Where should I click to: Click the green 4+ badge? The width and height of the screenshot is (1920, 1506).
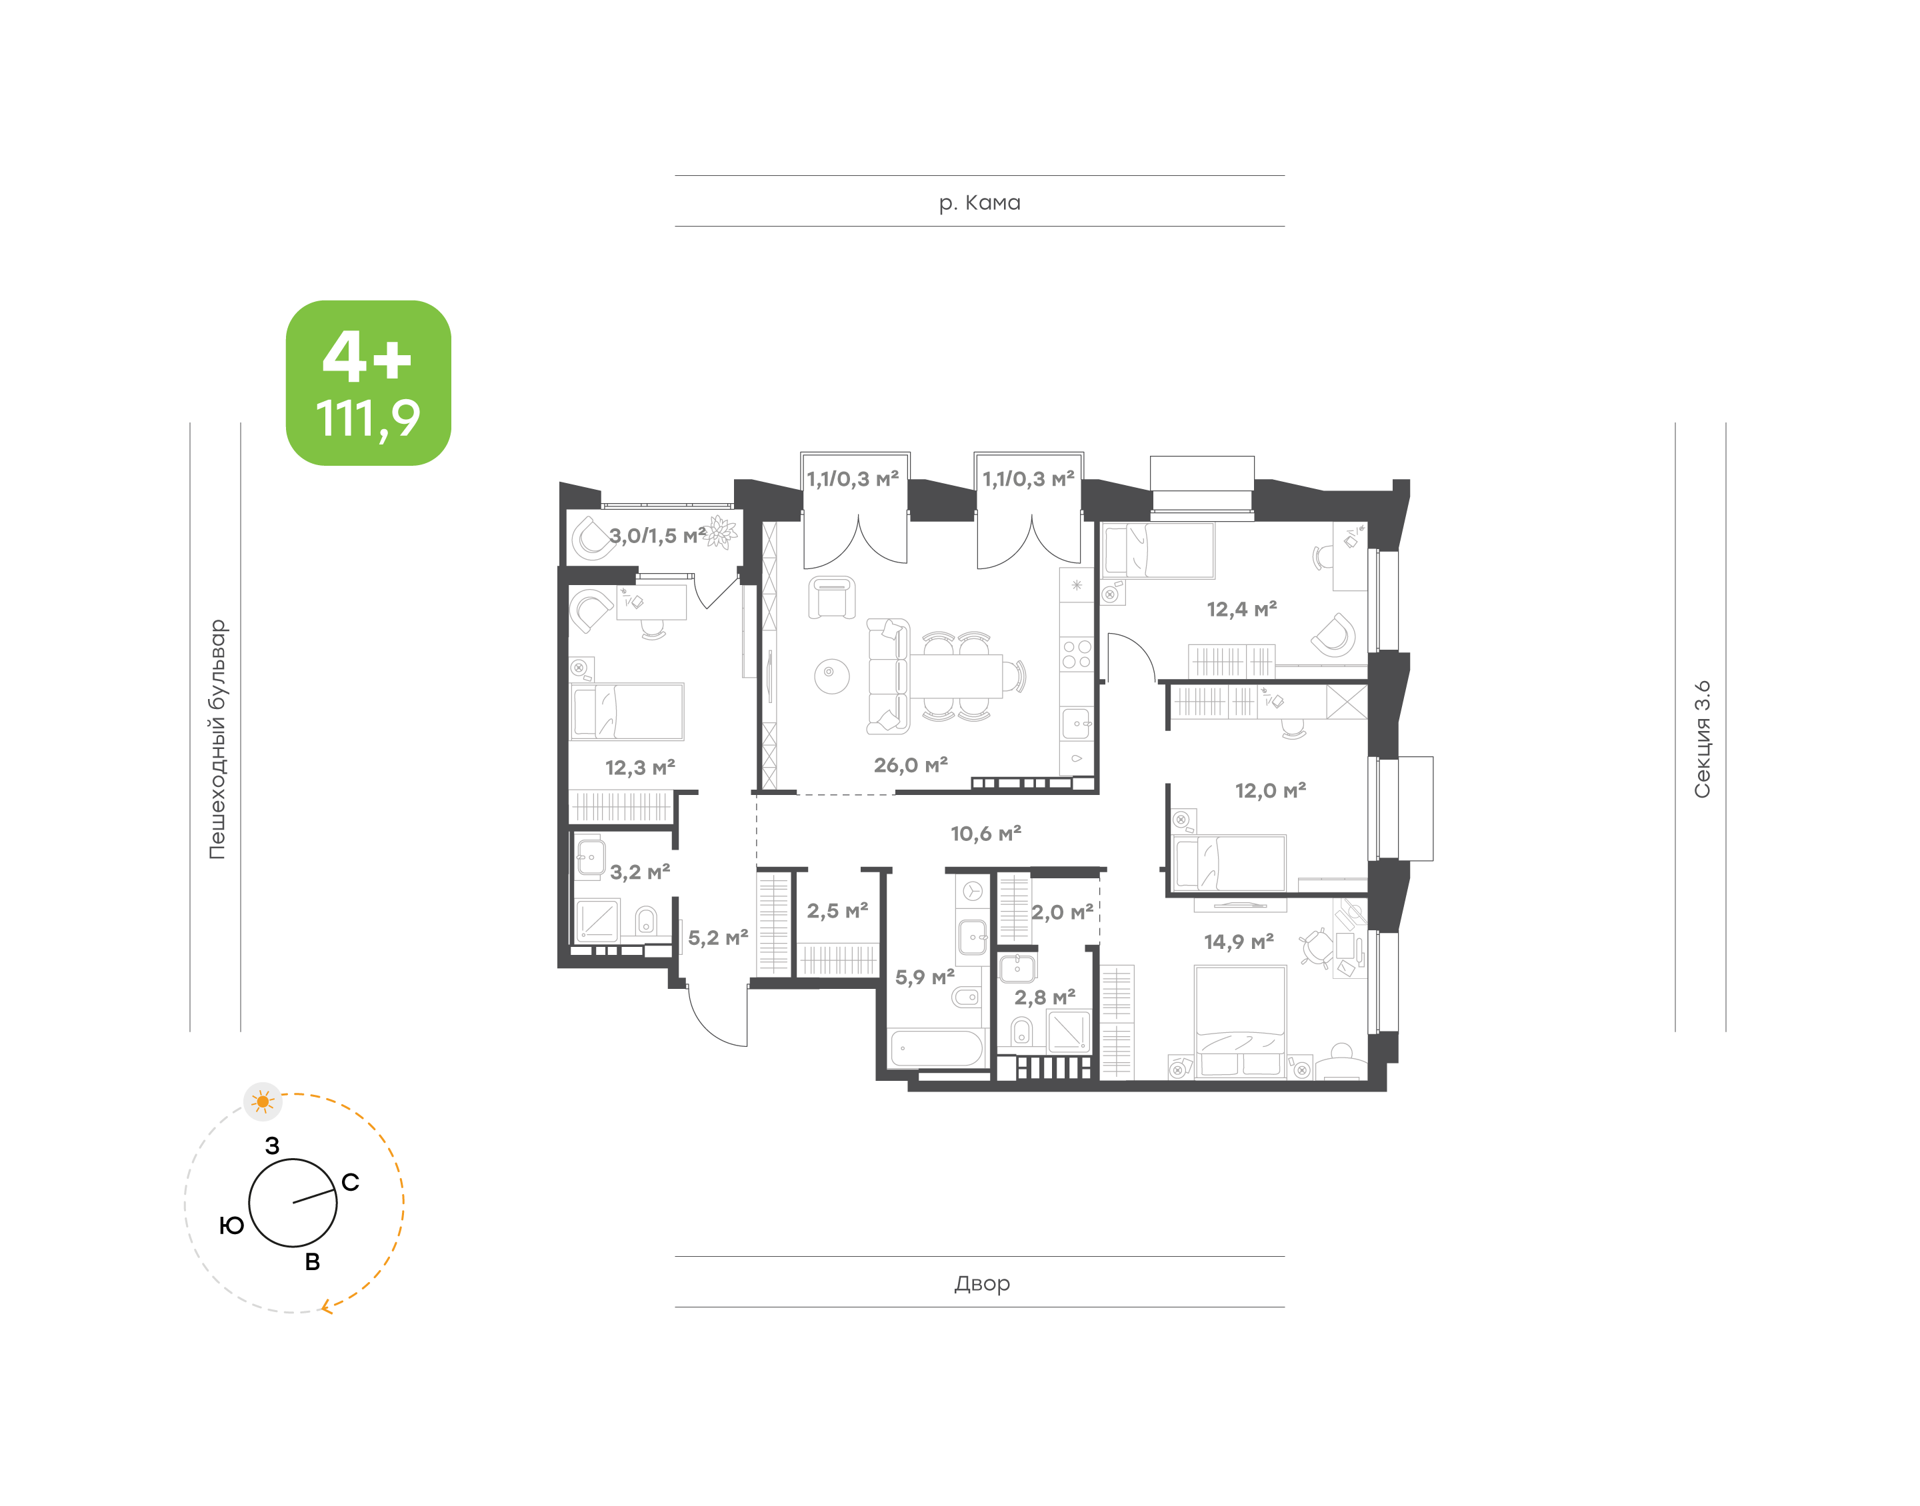point(368,382)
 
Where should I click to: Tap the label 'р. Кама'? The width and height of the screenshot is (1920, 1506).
point(979,203)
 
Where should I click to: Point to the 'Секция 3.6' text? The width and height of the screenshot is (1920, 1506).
point(1701,739)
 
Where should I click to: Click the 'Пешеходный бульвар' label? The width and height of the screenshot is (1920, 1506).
point(217,739)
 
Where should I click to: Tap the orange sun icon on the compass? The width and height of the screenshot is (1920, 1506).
point(263,1102)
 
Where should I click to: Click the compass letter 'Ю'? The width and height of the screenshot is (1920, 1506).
point(231,1225)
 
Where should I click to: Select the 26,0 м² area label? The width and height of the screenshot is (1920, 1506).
point(910,766)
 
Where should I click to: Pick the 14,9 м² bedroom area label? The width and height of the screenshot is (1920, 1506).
point(1238,942)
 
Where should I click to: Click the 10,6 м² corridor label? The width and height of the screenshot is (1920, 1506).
point(985,833)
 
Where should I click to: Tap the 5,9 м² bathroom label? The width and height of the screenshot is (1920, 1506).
point(924,977)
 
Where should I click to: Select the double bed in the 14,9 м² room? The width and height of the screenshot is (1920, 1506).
point(1240,1021)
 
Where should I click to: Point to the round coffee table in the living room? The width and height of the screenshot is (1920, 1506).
point(831,676)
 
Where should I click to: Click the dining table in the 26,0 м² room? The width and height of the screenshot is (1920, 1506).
point(956,676)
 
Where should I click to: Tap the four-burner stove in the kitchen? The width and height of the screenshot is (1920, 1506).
point(1076,654)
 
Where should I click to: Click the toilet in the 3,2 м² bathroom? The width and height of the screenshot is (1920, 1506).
point(645,920)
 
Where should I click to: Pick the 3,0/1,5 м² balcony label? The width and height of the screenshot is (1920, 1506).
point(657,535)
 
